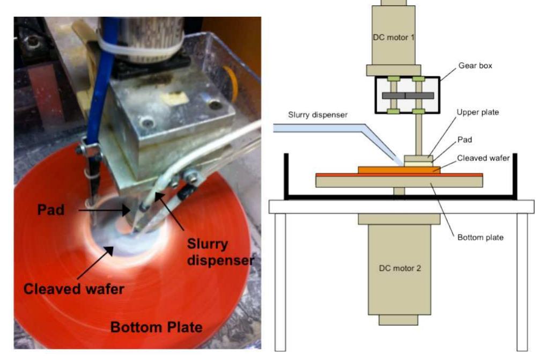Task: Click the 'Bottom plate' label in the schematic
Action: [x=479, y=237]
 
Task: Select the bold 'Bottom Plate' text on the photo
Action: [x=156, y=326]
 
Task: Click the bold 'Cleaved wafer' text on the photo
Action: [x=73, y=289]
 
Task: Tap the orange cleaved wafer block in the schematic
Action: [x=398, y=170]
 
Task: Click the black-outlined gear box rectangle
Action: [x=407, y=95]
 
